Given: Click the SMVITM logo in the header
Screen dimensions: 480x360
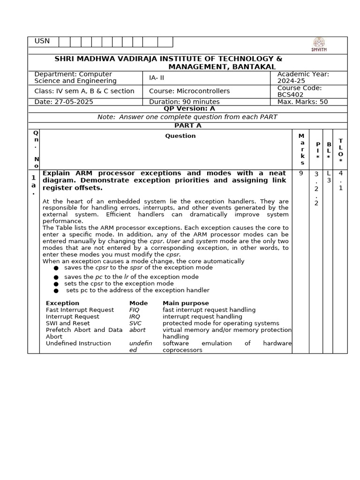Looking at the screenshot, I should click(x=319, y=45).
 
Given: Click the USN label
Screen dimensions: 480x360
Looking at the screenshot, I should click(x=42, y=42).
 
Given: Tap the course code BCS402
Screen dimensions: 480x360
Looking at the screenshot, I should click(x=290, y=95).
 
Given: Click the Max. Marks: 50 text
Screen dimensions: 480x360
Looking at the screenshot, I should click(x=302, y=102).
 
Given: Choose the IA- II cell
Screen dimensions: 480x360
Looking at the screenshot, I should click(x=157, y=78).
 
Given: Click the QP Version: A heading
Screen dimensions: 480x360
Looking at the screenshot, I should click(x=189, y=108).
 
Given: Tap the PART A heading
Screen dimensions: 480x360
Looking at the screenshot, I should click(x=187, y=126).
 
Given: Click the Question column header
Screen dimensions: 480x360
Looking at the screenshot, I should click(x=180, y=136).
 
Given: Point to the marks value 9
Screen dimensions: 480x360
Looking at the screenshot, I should click(x=300, y=173).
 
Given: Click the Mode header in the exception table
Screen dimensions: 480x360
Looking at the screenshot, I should click(x=138, y=303).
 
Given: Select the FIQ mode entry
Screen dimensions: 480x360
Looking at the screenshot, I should click(x=135, y=310).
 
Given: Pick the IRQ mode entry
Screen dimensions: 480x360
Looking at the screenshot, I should click(x=135, y=316).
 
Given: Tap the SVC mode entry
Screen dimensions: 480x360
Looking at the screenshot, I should click(x=135, y=323).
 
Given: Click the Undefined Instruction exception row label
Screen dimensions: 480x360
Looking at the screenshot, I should click(x=78, y=343).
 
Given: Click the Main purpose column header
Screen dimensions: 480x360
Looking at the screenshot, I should click(x=186, y=303).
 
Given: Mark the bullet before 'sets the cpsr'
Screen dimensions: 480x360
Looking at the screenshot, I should click(x=56, y=284).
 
